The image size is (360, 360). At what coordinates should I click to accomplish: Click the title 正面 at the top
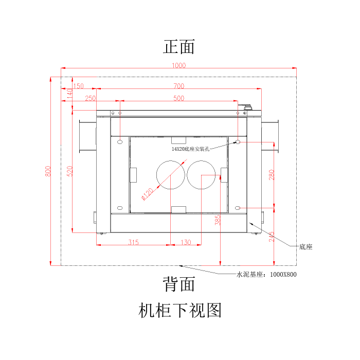(179, 47)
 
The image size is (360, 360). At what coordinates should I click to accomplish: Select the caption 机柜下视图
(179, 310)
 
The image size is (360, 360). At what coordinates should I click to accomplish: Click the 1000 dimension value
(179, 65)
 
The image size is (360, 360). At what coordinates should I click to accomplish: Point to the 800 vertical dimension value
(48, 171)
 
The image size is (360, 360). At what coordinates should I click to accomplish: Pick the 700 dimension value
(178, 86)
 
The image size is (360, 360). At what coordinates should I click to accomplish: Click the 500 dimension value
(178, 98)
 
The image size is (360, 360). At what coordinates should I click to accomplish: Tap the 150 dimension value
(78, 86)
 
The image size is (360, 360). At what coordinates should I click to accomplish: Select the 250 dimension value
(90, 98)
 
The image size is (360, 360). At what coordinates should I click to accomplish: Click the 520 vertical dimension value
(69, 171)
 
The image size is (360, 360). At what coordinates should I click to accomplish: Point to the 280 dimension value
(272, 175)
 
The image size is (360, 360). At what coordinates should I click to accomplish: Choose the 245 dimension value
(272, 237)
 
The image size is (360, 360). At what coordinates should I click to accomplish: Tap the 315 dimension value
(133, 242)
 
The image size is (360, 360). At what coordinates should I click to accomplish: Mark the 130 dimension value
(186, 242)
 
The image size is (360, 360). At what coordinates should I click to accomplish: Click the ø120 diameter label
(148, 194)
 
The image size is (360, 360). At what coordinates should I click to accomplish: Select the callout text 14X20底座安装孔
(191, 149)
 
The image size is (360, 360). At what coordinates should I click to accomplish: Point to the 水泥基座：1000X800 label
(266, 274)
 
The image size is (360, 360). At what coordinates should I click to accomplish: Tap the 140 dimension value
(69, 94)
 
